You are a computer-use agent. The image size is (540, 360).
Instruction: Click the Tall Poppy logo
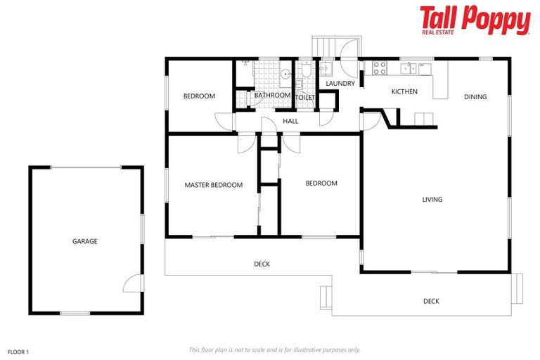point(475,19)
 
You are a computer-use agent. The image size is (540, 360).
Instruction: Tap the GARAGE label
point(84,241)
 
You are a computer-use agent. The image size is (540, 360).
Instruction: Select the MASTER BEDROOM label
point(213,186)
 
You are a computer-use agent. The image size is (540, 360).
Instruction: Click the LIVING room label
point(432,200)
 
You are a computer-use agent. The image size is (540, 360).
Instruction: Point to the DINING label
point(475,97)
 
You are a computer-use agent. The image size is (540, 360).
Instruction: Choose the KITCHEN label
point(404,91)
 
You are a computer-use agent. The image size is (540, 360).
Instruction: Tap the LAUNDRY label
point(340,84)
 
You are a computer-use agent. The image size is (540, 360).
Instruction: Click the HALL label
point(290,121)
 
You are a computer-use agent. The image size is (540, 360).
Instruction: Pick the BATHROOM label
point(272,96)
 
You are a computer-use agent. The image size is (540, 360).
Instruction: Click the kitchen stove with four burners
point(379,68)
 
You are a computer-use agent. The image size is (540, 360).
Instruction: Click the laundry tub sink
point(326,68)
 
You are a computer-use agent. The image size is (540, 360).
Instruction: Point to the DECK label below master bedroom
point(262,264)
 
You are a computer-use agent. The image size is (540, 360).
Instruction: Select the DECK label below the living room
point(431,302)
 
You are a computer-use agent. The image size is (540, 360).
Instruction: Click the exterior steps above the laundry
point(326,46)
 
